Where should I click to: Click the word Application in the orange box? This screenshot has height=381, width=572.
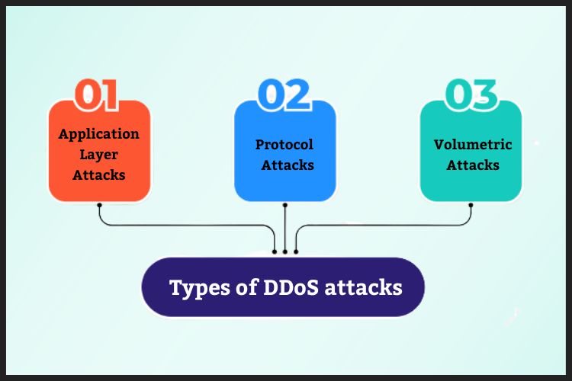click(x=99, y=134)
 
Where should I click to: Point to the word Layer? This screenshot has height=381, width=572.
click(x=99, y=154)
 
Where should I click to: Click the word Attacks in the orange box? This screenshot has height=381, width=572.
click(x=99, y=174)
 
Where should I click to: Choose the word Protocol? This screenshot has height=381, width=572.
click(x=284, y=144)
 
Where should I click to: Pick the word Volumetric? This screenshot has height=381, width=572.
click(x=473, y=144)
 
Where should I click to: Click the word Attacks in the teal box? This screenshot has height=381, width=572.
click(x=473, y=165)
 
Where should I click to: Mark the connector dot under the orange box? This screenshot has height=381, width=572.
click(x=99, y=205)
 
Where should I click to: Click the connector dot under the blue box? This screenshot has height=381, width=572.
click(x=284, y=205)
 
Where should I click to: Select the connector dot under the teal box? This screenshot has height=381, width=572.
click(x=471, y=205)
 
